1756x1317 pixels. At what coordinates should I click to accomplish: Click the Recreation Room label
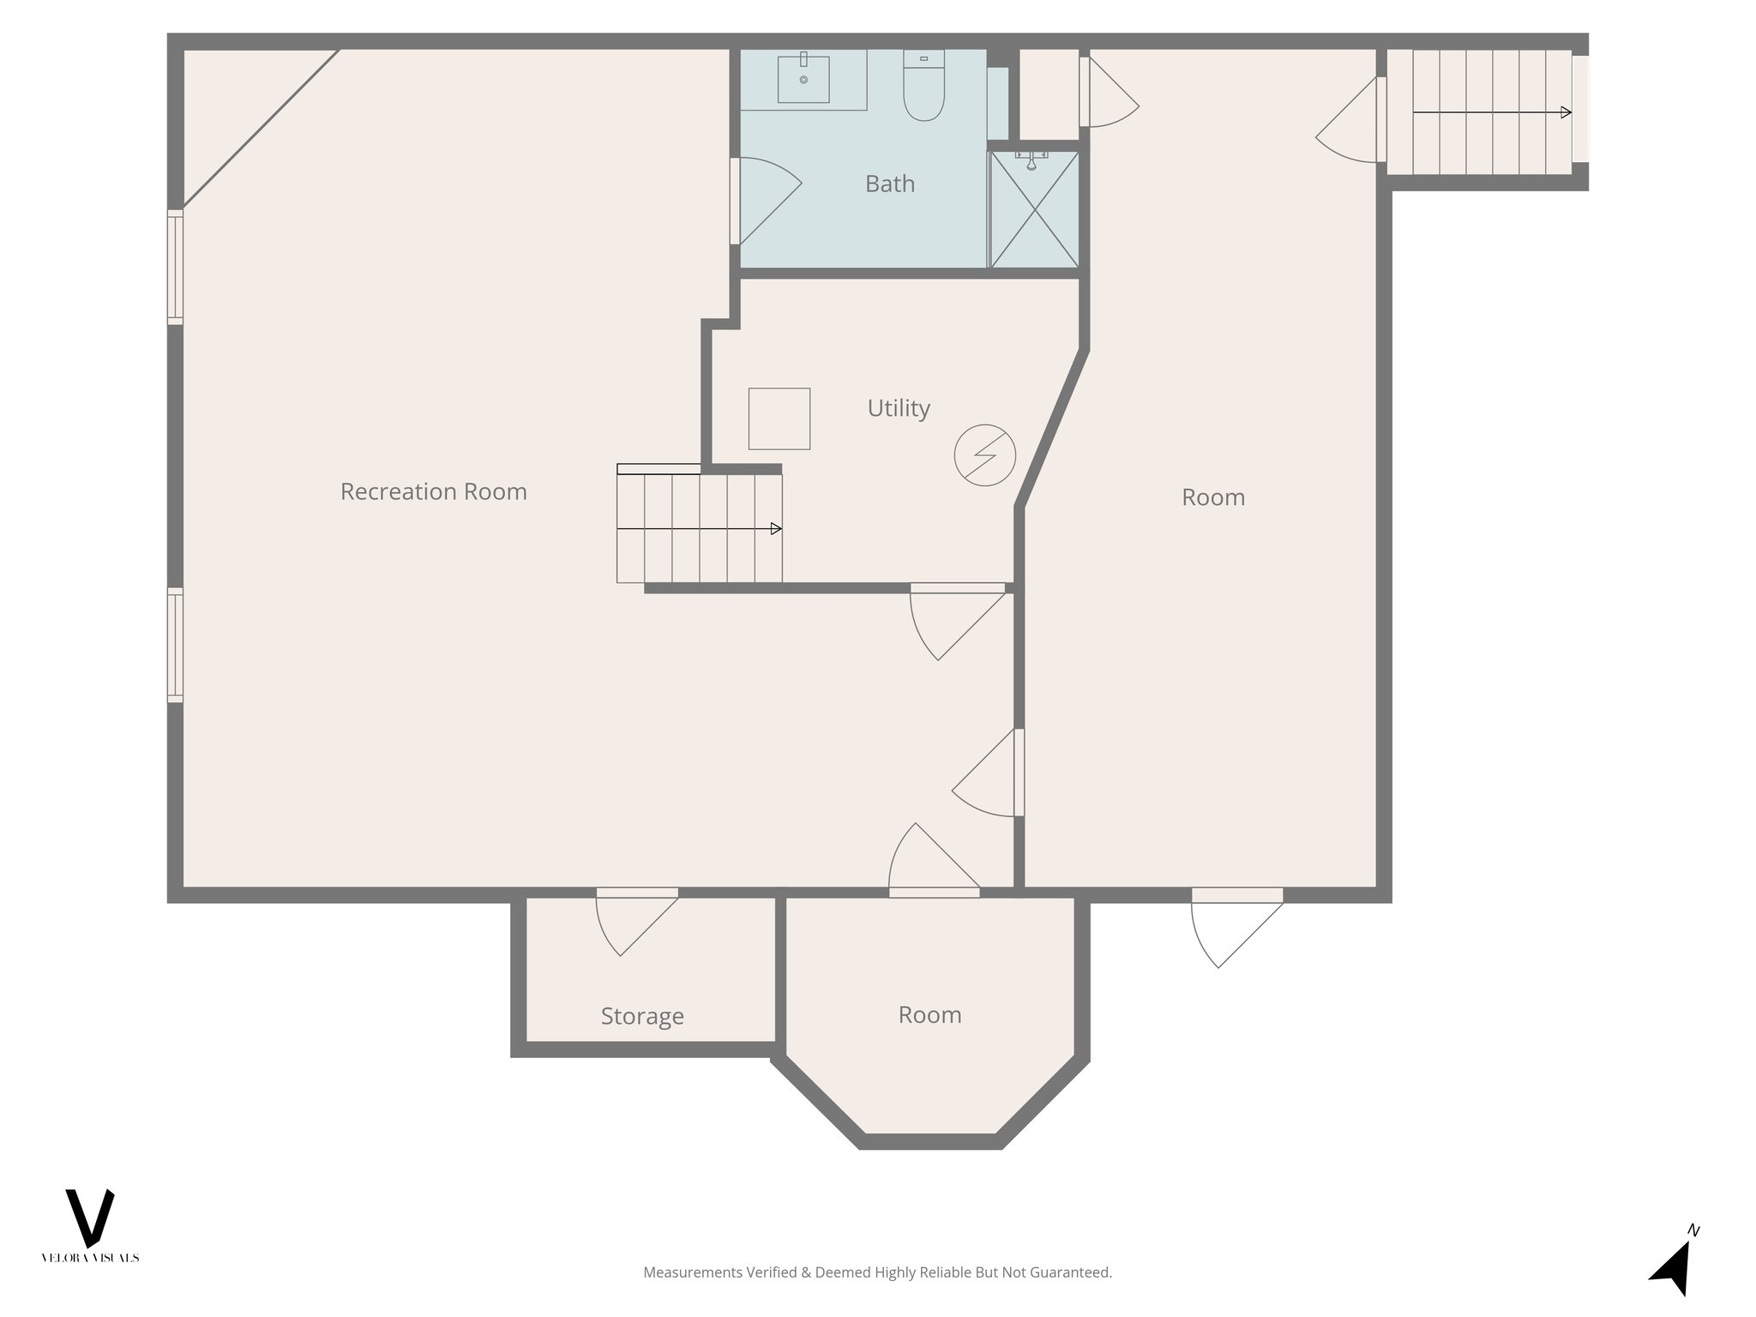[x=433, y=491]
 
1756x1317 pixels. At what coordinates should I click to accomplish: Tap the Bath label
[x=889, y=183]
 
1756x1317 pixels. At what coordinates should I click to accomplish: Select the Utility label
[x=898, y=408]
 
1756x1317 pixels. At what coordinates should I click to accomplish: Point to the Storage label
[x=641, y=1016]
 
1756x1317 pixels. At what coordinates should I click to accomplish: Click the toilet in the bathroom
[x=923, y=89]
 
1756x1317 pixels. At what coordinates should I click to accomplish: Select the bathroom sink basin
[x=803, y=79]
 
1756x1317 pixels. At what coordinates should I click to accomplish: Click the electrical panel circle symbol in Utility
[x=984, y=455]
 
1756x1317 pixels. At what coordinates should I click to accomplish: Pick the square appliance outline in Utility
[x=779, y=418]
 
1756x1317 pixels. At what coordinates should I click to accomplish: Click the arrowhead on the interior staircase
[x=776, y=529]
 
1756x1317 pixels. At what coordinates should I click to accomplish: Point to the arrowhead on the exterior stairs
[x=1566, y=112]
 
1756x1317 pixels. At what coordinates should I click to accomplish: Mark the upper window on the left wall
[x=175, y=267]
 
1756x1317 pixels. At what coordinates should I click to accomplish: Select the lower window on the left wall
[x=175, y=645]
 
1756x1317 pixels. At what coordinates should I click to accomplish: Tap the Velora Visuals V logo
[x=89, y=1218]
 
